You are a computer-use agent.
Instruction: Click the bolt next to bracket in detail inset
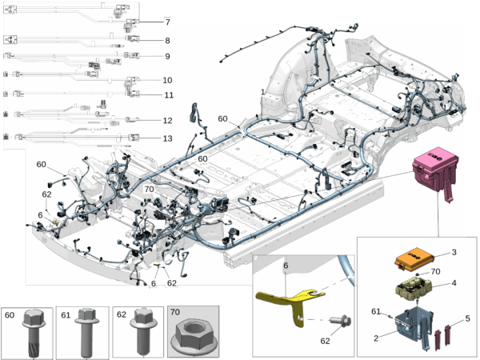(340, 321)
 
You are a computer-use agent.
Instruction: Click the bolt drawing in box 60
(34, 333)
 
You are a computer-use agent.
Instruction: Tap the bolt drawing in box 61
(87, 333)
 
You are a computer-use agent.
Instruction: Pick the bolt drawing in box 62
(143, 331)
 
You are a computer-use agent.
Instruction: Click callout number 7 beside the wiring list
(167, 22)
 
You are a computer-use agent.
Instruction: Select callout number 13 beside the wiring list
(167, 138)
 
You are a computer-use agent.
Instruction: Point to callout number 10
(167, 80)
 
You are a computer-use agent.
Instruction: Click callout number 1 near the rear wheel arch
(262, 92)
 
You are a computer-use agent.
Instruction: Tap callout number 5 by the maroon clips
(467, 318)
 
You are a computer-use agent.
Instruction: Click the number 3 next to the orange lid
(454, 252)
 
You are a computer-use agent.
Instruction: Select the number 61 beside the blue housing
(376, 311)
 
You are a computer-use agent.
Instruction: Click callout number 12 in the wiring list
(167, 121)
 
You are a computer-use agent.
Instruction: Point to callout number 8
(167, 41)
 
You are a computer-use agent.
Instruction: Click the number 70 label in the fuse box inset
(435, 271)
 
